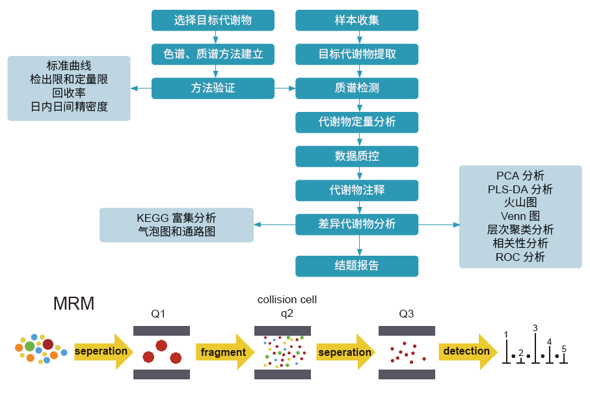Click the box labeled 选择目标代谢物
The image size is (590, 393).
(x=213, y=20)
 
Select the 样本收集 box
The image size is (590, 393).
(x=356, y=20)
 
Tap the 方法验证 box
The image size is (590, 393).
(x=213, y=88)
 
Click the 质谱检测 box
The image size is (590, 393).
(x=356, y=88)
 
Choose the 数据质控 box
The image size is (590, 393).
(x=356, y=156)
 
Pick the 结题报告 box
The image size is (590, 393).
(x=356, y=265)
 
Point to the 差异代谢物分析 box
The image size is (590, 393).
(x=356, y=224)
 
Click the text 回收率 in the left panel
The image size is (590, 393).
(x=69, y=93)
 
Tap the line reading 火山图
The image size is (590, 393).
(x=520, y=202)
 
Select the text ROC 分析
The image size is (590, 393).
(x=520, y=257)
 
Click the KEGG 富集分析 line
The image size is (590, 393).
(x=176, y=218)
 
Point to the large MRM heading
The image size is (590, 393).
(x=74, y=304)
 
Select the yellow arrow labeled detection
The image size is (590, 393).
(x=466, y=351)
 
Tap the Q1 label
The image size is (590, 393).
(x=158, y=314)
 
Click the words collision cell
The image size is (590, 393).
(x=287, y=300)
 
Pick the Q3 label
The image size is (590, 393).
(x=406, y=314)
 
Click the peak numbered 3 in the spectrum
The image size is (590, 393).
(x=535, y=345)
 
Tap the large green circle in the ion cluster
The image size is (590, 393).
(x=30, y=347)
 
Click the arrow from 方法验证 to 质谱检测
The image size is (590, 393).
(x=285, y=88)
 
